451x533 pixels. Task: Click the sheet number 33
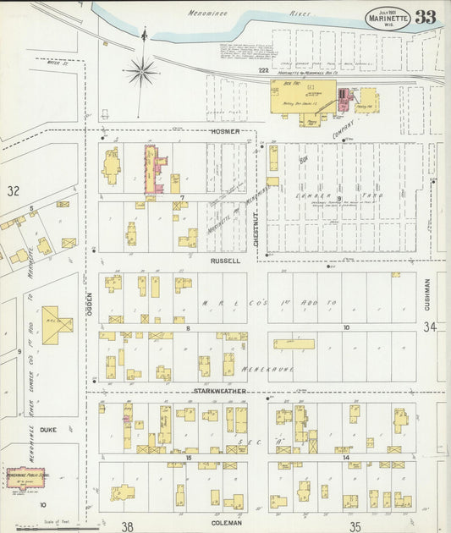coord(426,18)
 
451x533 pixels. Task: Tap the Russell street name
coord(227,261)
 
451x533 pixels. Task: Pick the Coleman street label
coord(228,521)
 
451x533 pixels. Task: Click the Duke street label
coord(48,429)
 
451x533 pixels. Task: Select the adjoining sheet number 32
coord(14,191)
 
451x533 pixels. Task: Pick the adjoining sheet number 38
coord(128,525)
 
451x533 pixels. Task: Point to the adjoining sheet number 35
coord(356,525)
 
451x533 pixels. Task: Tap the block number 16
coord(190,457)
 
